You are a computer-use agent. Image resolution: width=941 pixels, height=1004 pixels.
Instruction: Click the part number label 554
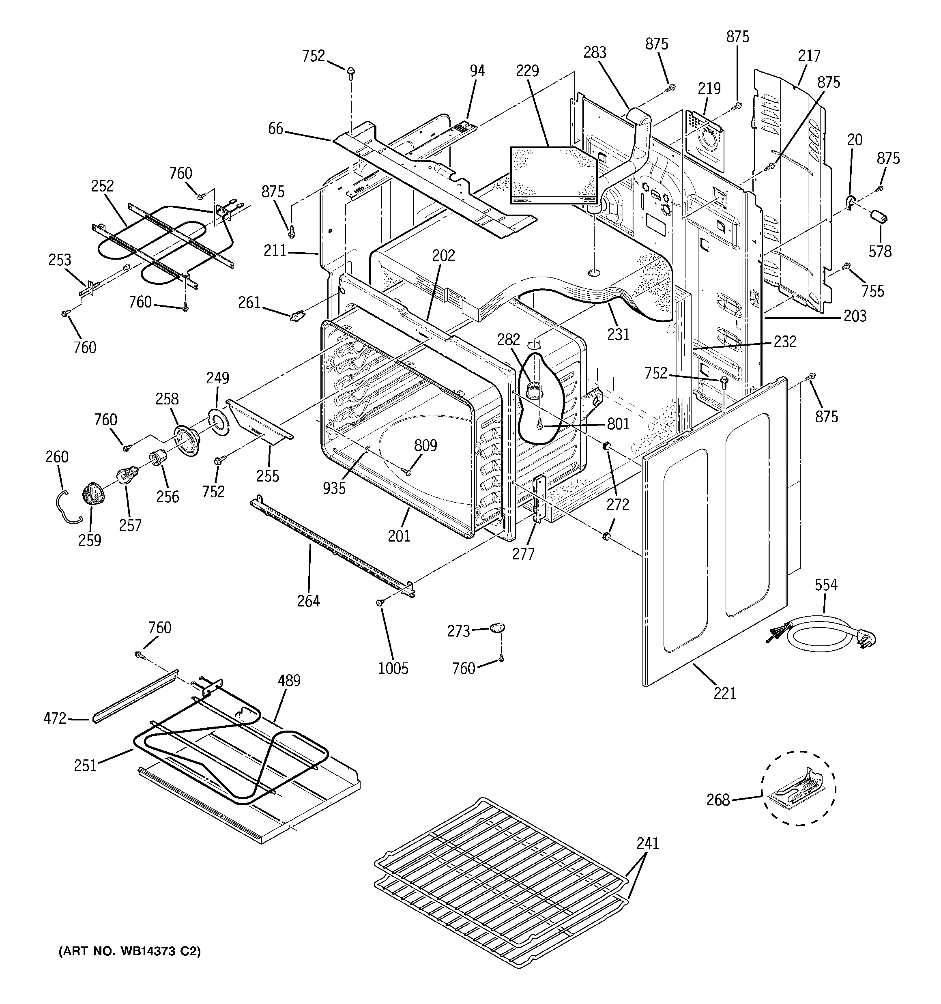click(826, 585)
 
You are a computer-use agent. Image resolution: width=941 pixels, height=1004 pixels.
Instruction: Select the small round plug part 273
click(497, 628)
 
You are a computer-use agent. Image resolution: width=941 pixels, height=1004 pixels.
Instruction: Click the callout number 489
click(289, 680)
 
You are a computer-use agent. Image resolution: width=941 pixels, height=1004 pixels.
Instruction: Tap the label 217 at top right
click(809, 56)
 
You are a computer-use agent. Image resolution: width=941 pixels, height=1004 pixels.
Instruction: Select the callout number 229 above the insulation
click(527, 71)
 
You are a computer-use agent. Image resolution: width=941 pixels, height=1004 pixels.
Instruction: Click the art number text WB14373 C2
click(130, 952)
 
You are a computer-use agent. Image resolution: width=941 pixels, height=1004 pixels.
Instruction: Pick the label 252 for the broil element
click(103, 186)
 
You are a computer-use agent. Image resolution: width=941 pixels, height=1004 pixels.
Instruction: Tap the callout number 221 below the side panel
click(725, 693)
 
